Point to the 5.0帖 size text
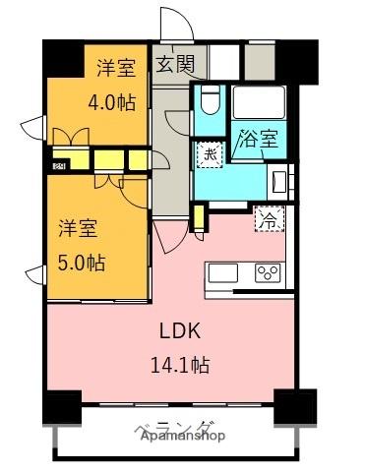(80, 263)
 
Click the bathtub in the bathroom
(259, 103)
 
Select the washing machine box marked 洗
(210, 154)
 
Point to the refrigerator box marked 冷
(268, 220)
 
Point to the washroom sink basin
(277, 181)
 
